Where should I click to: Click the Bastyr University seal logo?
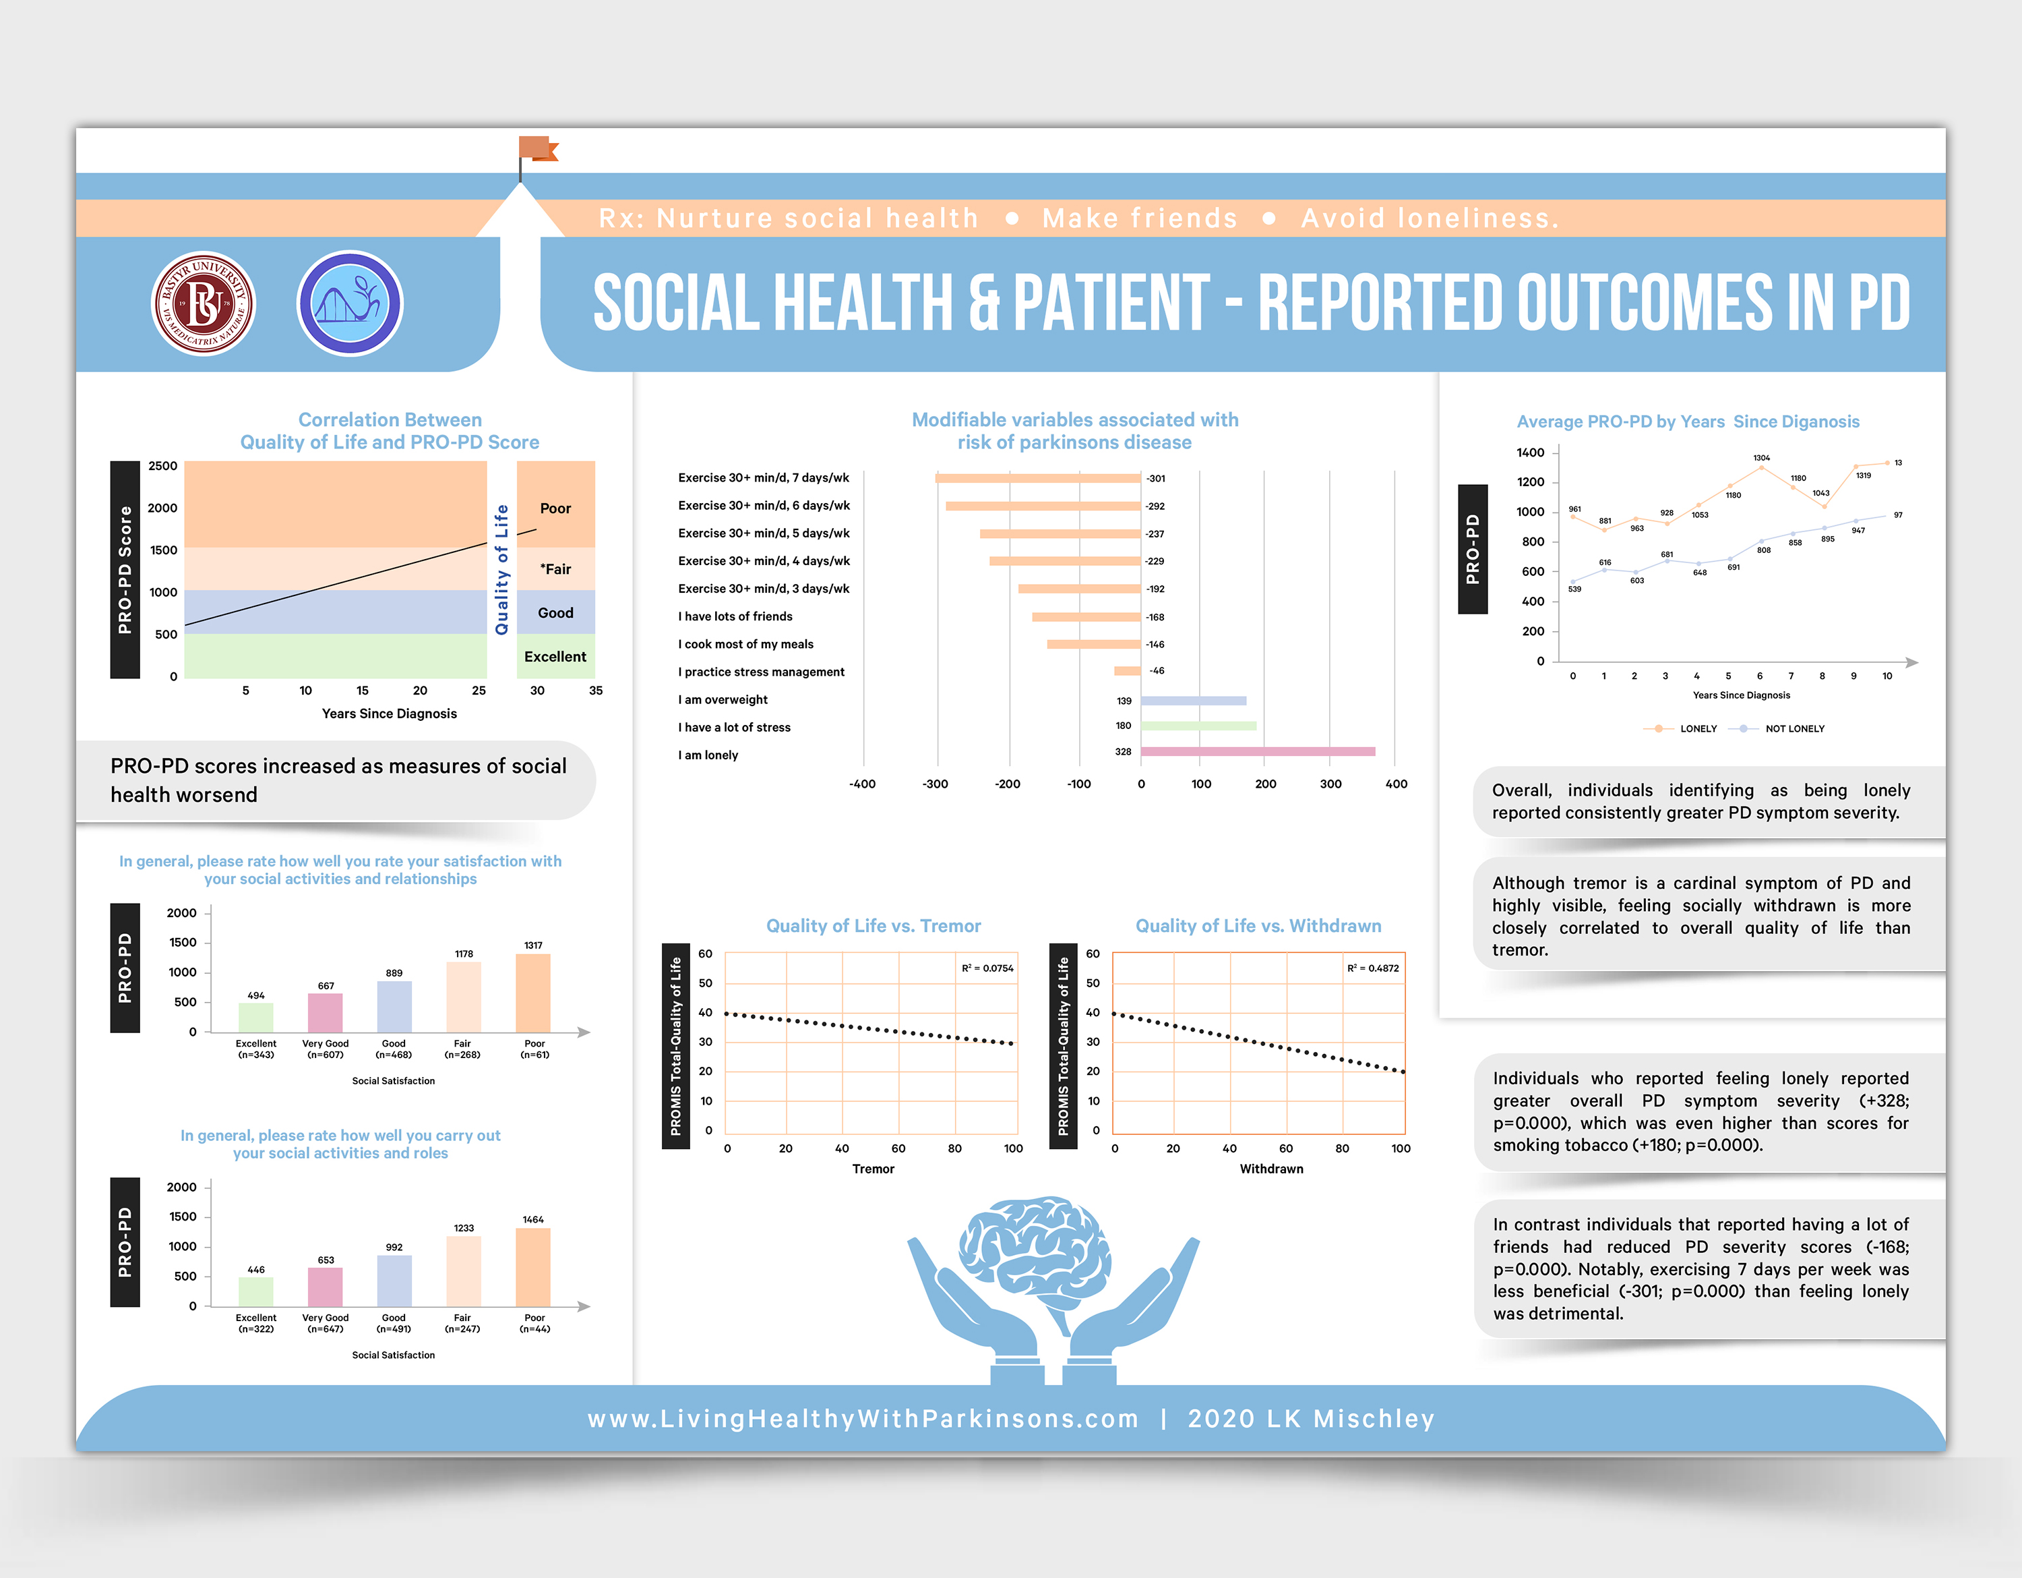203,303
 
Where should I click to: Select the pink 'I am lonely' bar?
1257,752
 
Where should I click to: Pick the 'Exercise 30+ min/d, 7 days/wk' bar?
1038,478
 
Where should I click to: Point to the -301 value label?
1155,479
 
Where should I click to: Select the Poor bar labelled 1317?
533,993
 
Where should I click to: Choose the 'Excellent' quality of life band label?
555,657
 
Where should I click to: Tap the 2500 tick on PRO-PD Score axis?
163,466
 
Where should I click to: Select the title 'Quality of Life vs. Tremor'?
873,926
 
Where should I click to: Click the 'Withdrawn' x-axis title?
1271,1169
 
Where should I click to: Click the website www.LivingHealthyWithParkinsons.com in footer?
863,1419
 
